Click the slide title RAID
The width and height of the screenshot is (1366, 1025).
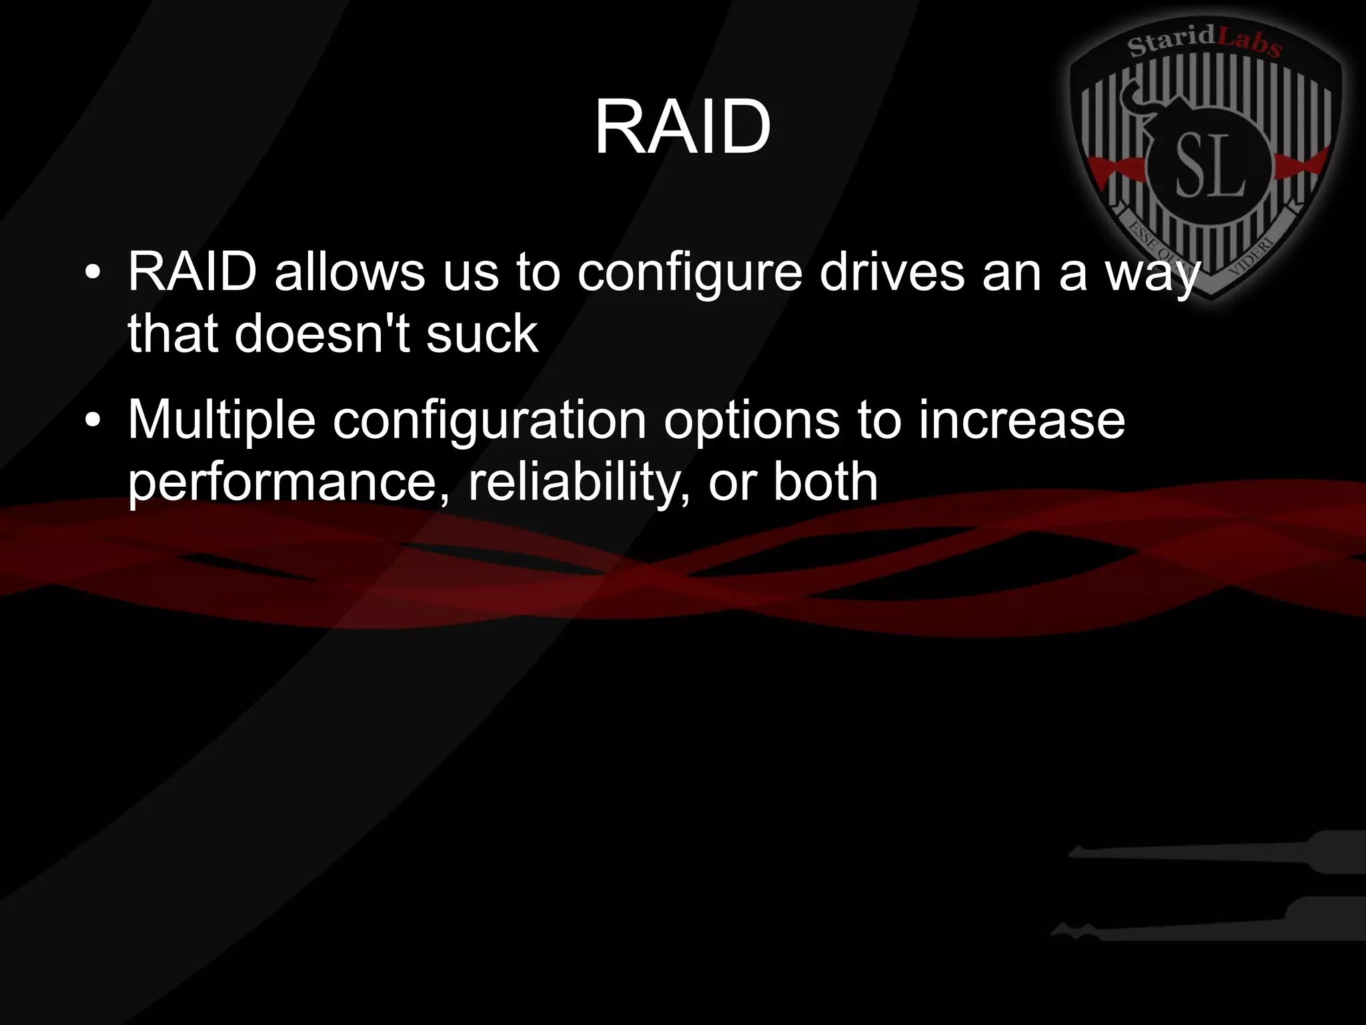(x=682, y=127)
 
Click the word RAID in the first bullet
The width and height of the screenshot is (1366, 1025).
(x=192, y=272)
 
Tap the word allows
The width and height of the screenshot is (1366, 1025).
(x=350, y=272)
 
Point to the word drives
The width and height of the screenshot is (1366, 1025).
(x=892, y=272)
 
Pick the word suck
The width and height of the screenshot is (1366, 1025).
(x=482, y=333)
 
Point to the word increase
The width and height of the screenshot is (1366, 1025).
(x=1021, y=420)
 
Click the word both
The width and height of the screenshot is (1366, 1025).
(x=825, y=481)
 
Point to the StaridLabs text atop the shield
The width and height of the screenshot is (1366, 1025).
(x=1204, y=41)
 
